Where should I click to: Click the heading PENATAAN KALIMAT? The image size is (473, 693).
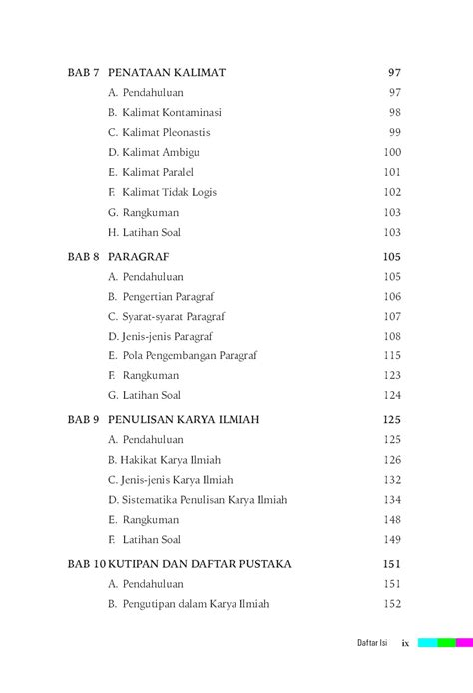coord(166,73)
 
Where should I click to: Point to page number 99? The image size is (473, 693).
coord(395,133)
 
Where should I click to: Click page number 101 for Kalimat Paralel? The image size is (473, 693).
coord(392,173)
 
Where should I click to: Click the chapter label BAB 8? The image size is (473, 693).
coord(84,257)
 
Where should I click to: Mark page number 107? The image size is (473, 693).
coord(392,317)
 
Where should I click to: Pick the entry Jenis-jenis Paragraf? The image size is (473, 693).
coord(160,337)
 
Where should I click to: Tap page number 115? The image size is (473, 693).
coord(392,356)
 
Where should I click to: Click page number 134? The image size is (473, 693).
coord(392,500)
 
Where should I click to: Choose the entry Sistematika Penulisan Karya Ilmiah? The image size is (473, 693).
coord(198,500)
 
